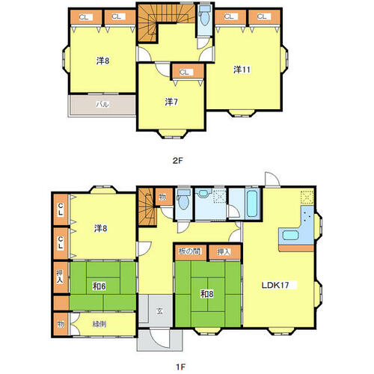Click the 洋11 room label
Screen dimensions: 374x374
click(x=242, y=70)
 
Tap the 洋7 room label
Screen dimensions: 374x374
click(x=171, y=102)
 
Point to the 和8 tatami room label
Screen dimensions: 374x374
click(x=207, y=294)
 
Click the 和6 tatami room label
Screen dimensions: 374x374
click(x=99, y=286)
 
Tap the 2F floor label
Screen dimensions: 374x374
click(x=178, y=161)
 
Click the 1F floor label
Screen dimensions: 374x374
click(x=180, y=367)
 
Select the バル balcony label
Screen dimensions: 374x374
click(x=102, y=104)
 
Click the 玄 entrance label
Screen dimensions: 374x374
click(x=160, y=311)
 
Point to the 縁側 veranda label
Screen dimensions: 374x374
click(x=99, y=324)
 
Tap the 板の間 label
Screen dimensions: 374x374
click(x=189, y=251)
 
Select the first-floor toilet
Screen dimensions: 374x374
click(x=184, y=200)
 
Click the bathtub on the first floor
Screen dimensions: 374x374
click(x=252, y=203)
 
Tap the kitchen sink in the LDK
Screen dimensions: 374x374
click(x=290, y=235)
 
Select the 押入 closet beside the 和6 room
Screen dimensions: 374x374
click(x=61, y=277)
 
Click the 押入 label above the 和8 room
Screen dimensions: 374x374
click(x=223, y=251)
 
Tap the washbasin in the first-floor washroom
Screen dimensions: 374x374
click(x=203, y=194)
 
